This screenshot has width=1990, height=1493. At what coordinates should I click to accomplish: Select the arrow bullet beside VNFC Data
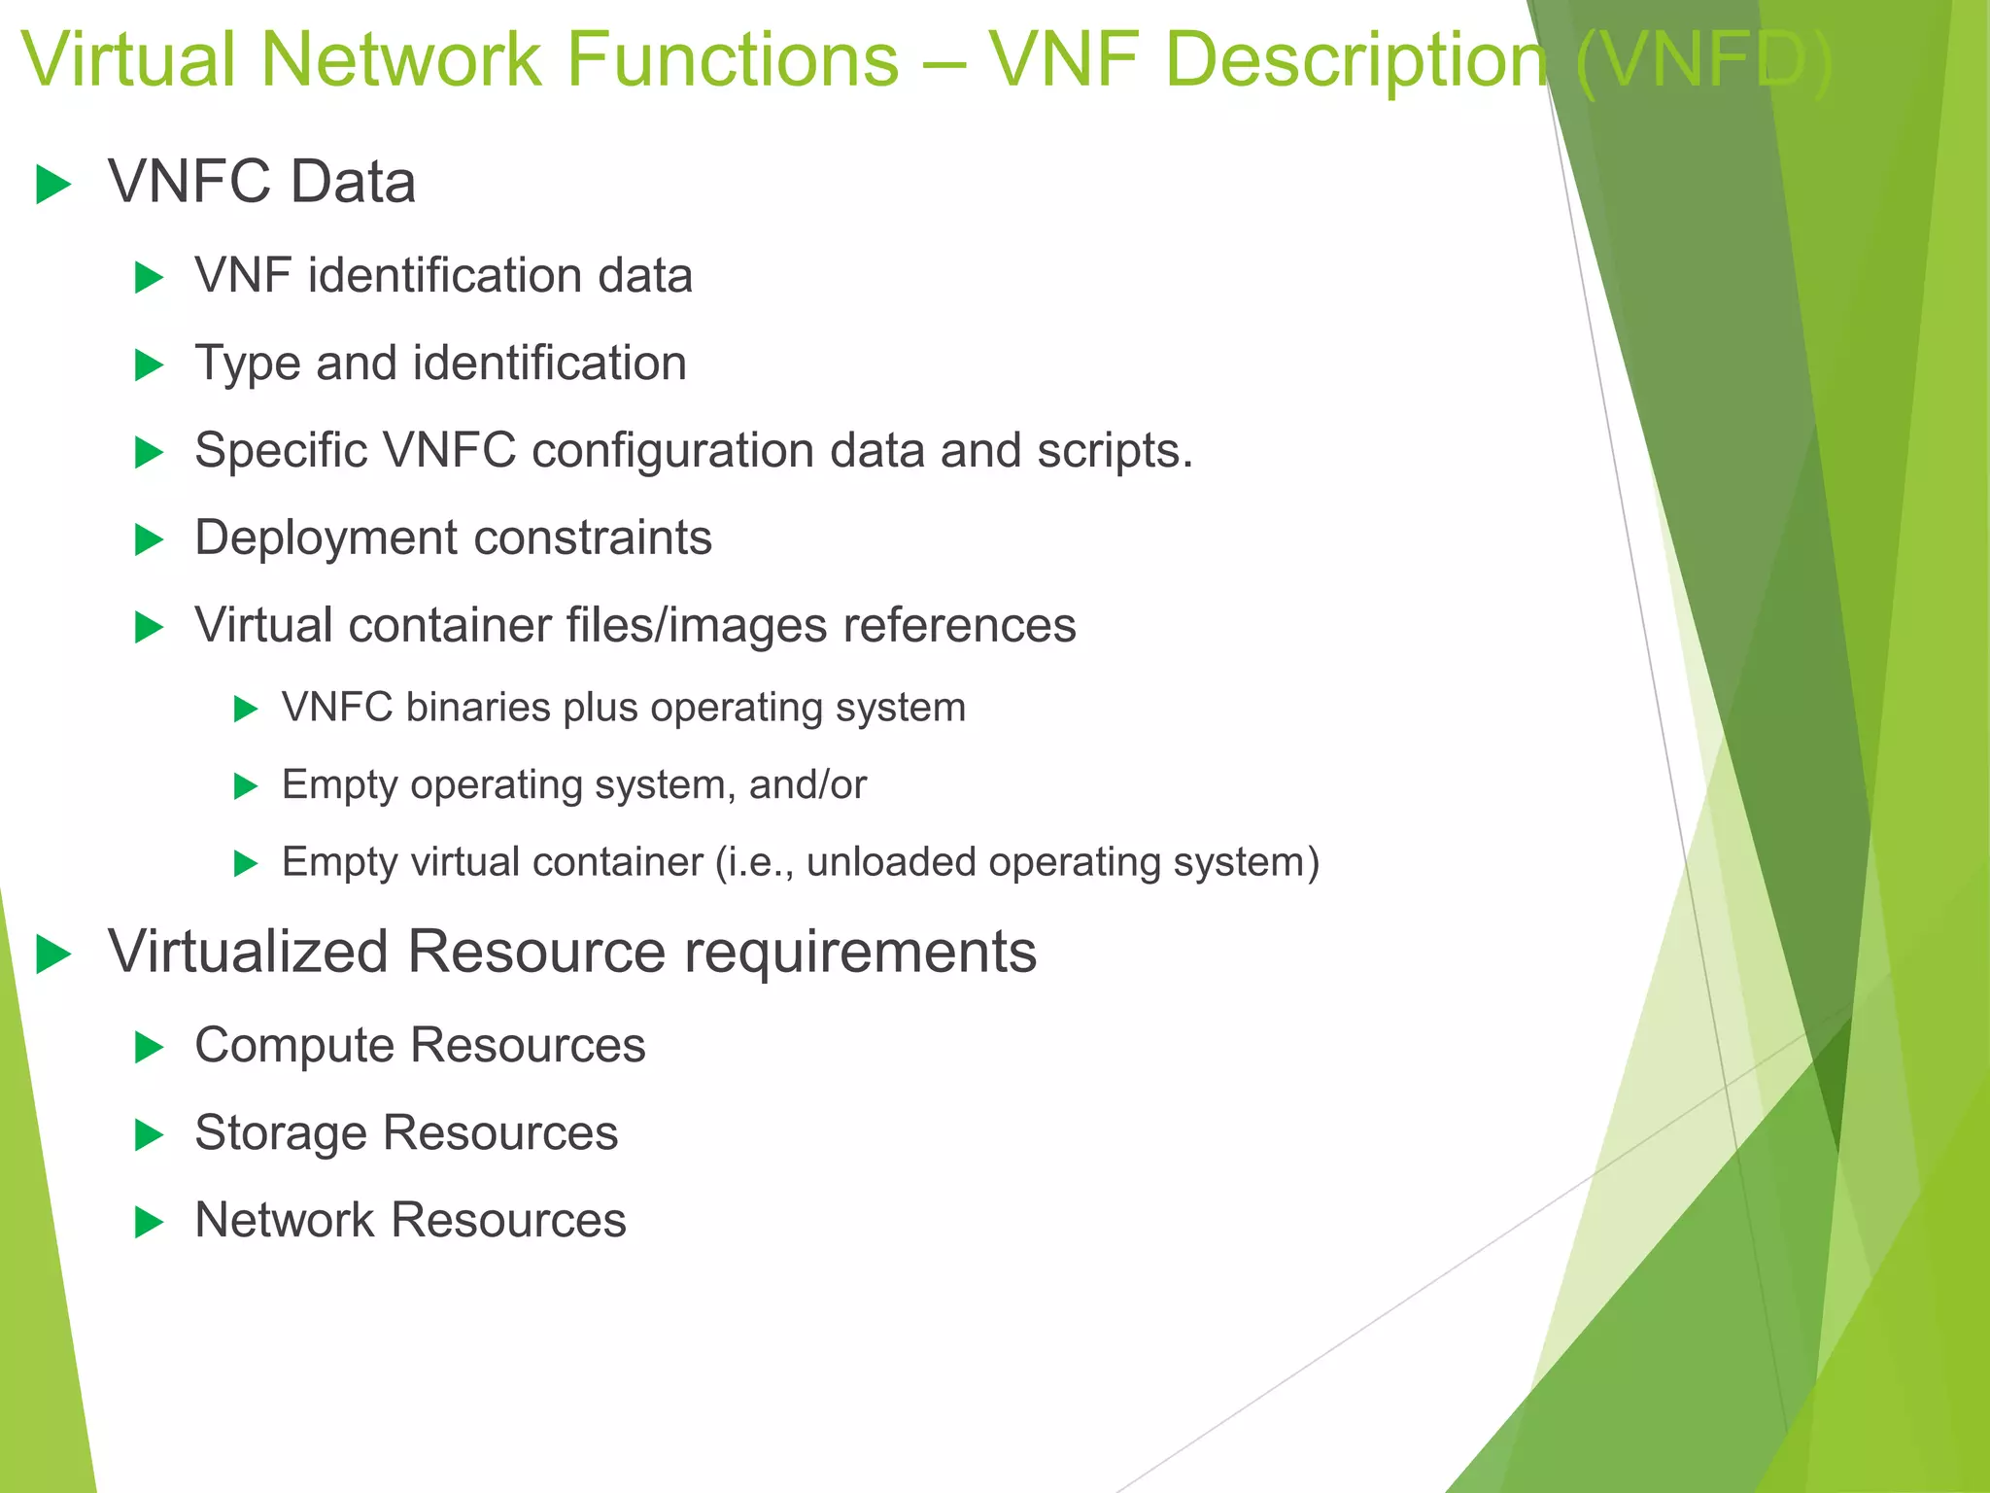tap(53, 185)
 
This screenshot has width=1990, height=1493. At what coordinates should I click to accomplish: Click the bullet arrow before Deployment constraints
tap(149, 539)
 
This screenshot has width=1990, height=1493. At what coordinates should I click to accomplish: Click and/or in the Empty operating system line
tap(807, 784)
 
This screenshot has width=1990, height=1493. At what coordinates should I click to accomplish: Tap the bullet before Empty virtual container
tap(246, 863)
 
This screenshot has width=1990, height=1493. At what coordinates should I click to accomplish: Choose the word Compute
tap(295, 1046)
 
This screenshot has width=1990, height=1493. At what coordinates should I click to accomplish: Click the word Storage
tap(281, 1133)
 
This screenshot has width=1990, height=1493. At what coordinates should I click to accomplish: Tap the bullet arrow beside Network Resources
tap(149, 1222)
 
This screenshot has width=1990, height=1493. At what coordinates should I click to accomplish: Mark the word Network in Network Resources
tap(285, 1220)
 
